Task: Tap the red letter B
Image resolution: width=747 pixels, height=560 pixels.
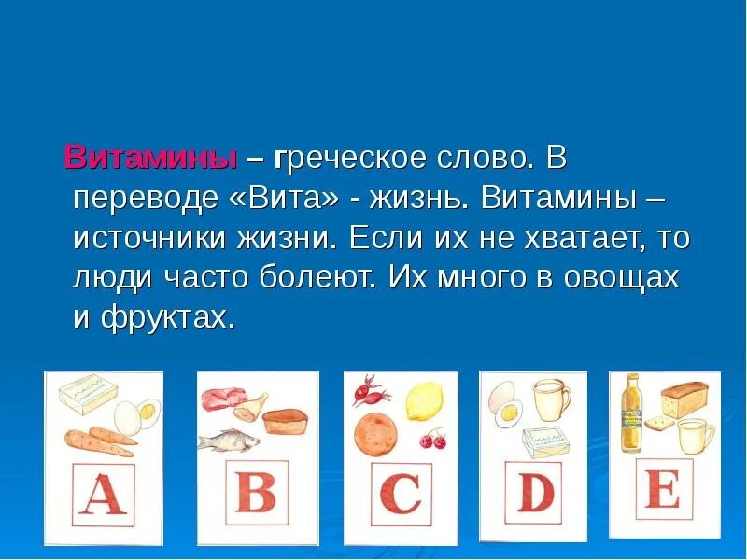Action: tap(255, 491)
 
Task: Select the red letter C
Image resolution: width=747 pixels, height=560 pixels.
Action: tap(401, 494)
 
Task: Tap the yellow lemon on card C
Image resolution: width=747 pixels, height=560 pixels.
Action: tap(425, 399)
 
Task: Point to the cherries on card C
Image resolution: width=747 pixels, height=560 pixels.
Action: tap(432, 438)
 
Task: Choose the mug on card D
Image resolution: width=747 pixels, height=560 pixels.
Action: tap(552, 399)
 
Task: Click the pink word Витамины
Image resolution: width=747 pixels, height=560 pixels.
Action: tap(150, 158)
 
